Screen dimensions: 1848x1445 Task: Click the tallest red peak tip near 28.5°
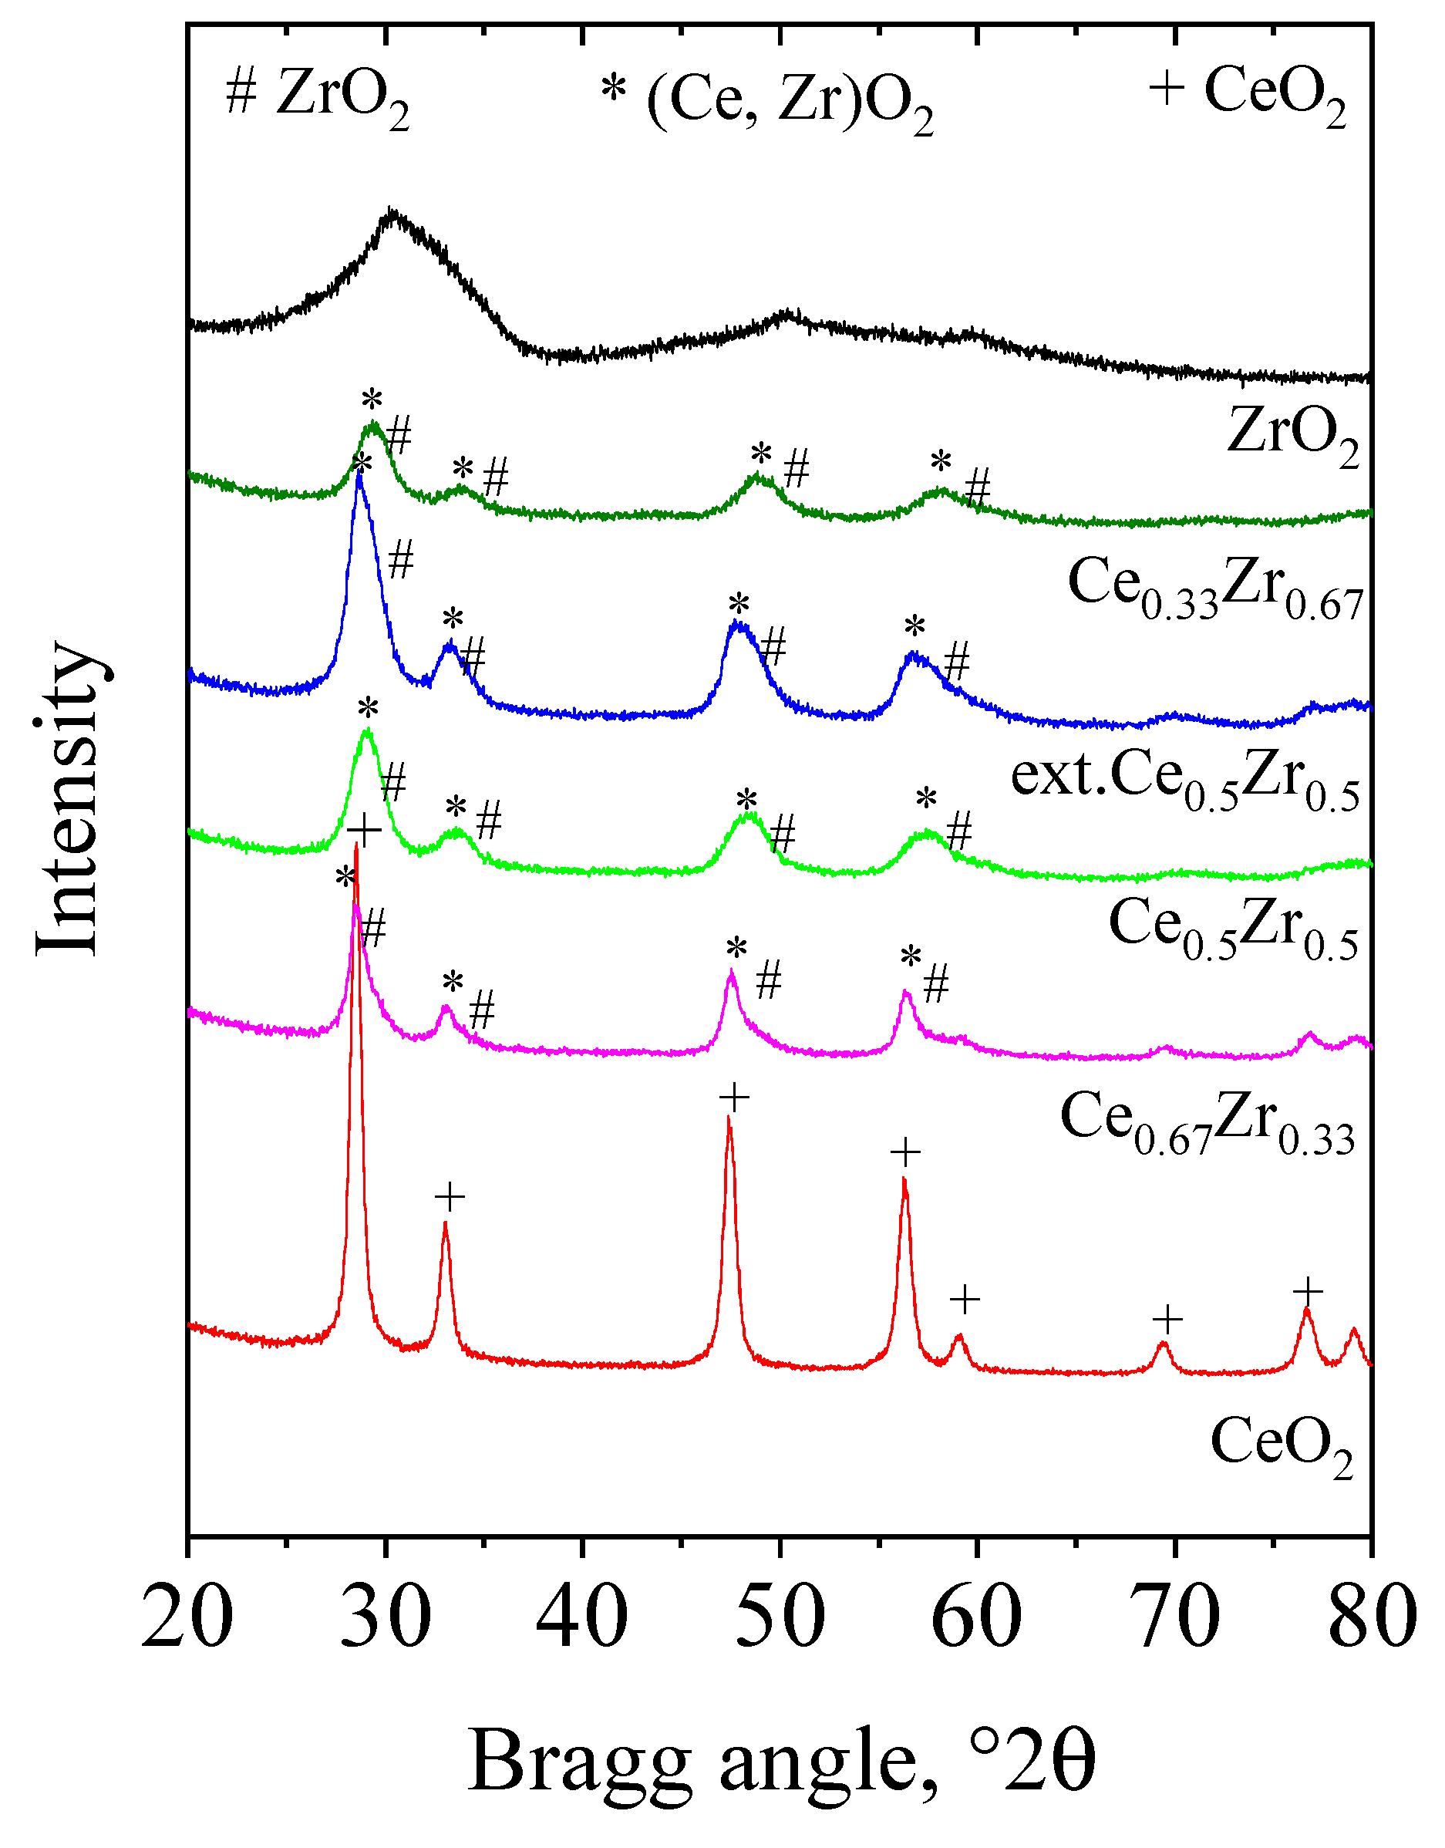point(356,846)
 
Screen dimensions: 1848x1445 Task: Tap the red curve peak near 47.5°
point(729,1119)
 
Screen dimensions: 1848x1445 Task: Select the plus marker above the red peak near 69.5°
point(1167,1319)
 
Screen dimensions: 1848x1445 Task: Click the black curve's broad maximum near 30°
point(392,213)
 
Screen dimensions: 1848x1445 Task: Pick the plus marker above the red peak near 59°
point(965,1299)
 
